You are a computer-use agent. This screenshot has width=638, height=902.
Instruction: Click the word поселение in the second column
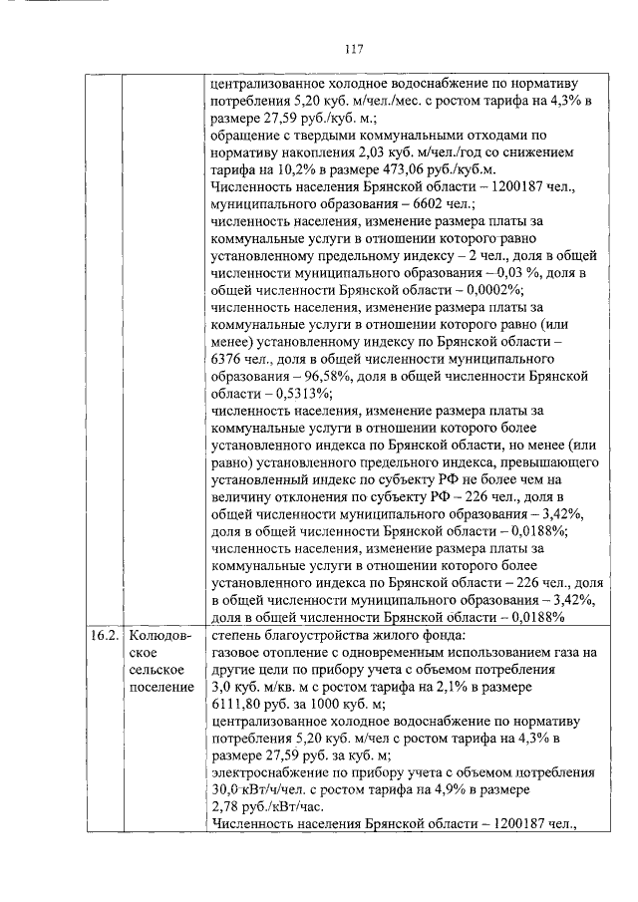[x=160, y=688]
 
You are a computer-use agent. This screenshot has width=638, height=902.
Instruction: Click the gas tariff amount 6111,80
[x=241, y=706]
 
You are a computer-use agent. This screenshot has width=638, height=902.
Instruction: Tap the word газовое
[x=237, y=652]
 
